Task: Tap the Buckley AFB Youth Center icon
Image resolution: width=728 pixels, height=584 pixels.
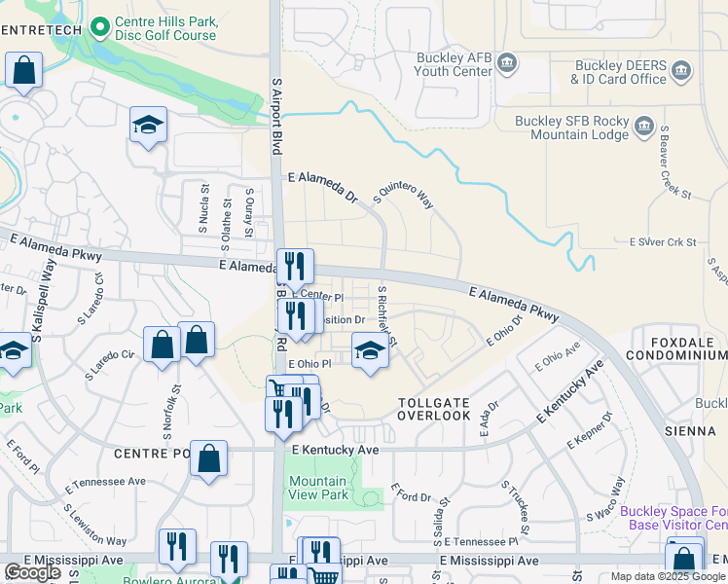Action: (507, 64)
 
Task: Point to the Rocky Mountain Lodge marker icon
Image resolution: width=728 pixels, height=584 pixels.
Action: (643, 126)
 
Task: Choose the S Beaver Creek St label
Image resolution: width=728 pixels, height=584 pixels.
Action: (674, 164)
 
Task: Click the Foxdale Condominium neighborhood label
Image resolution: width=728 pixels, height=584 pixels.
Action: (678, 349)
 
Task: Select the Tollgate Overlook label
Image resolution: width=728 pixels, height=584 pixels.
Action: (434, 408)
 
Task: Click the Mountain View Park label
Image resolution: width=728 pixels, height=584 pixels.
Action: (317, 488)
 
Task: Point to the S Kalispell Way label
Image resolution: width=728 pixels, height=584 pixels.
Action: (43, 310)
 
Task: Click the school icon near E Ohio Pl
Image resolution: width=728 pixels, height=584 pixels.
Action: (370, 351)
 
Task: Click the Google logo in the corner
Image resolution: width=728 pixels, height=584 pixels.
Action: (32, 572)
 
